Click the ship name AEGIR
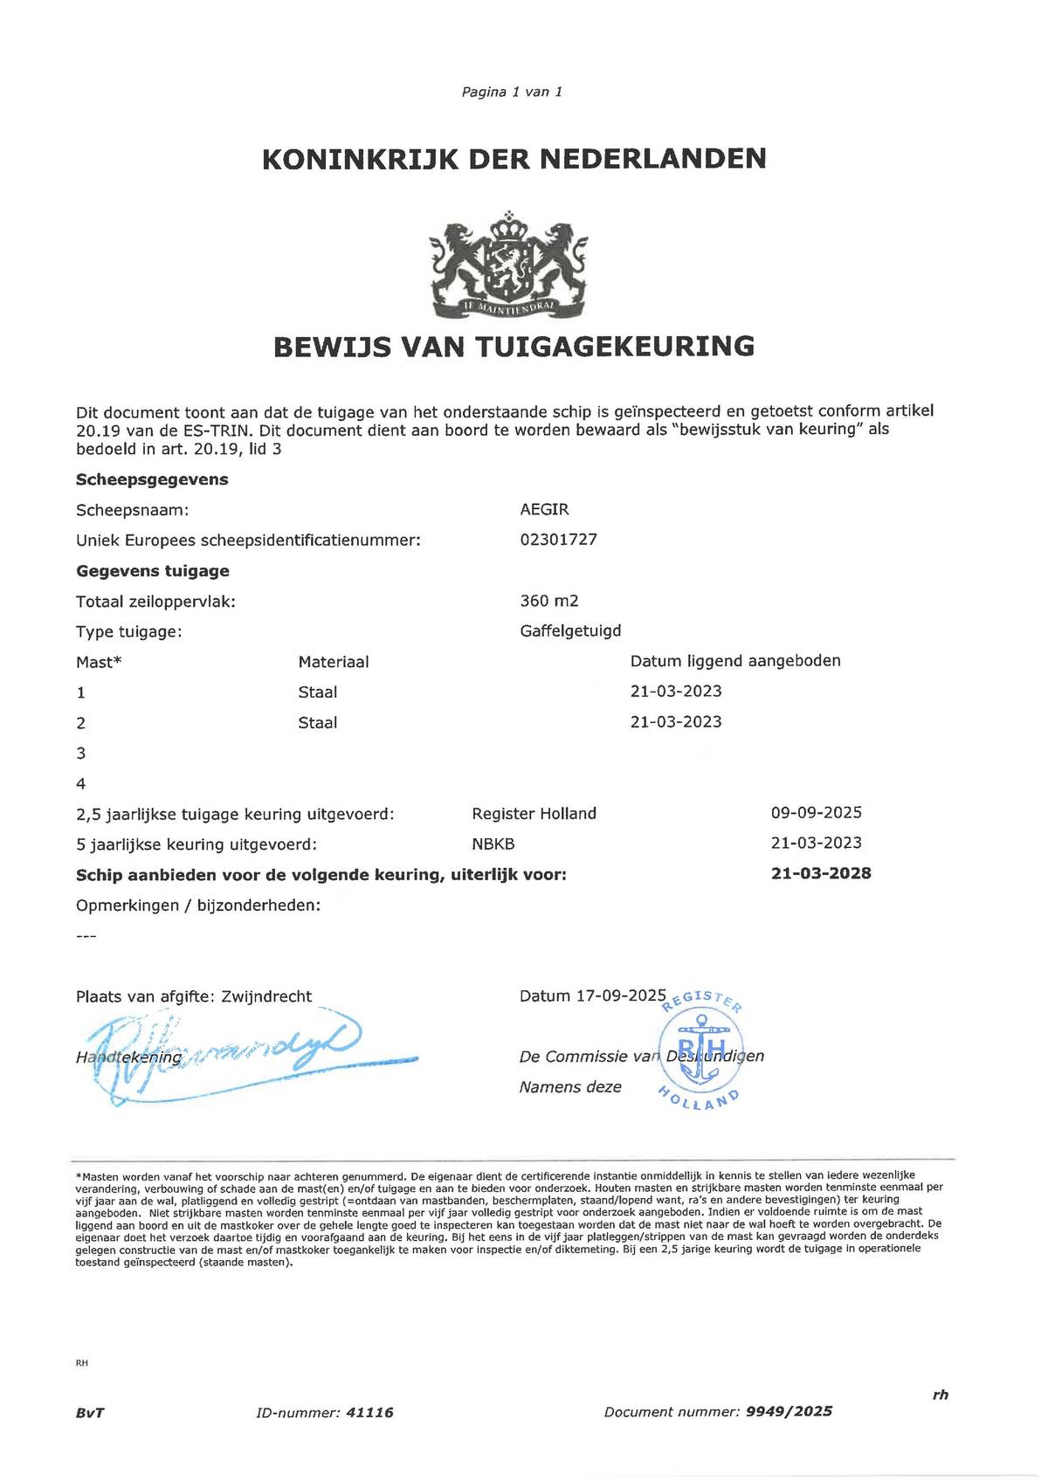[544, 509]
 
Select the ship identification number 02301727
[558, 540]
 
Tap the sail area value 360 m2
[548, 601]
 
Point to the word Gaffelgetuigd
[570, 630]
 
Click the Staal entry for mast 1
[317, 692]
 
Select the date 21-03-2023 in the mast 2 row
[676, 722]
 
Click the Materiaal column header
[333, 662]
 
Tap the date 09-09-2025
[816, 813]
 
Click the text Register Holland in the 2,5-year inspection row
[534, 814]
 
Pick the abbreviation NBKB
[493, 844]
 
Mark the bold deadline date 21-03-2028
[820, 873]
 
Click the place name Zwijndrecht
[266, 996]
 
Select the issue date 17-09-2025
[621, 996]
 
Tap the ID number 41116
[369, 1412]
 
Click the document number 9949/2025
[789, 1411]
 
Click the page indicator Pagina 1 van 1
[512, 92]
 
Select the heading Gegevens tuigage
[153, 571]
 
